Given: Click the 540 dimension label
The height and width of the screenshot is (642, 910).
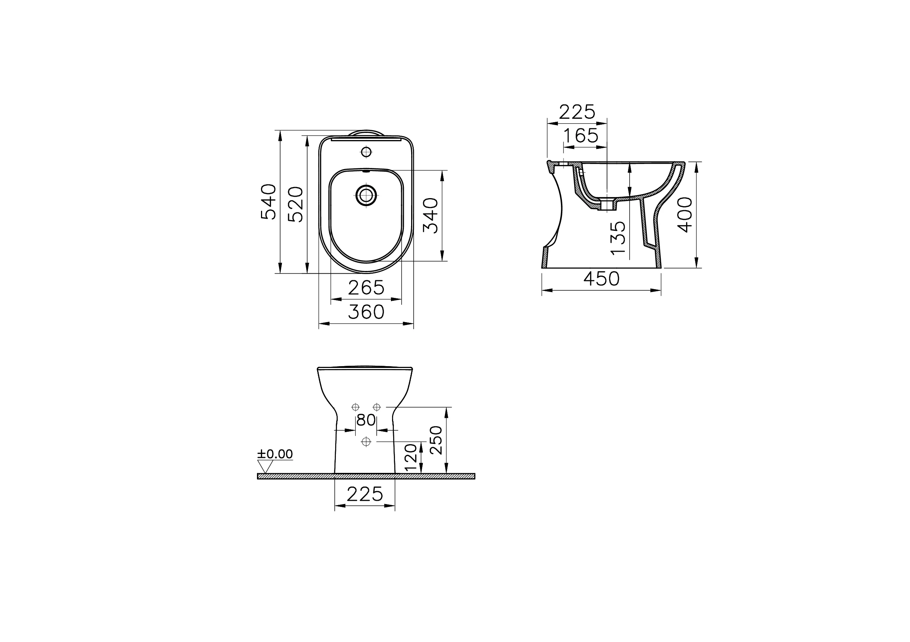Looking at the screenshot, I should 269,202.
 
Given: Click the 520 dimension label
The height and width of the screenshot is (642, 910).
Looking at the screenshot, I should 296,204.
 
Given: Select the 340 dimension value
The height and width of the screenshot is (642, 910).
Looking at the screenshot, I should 431,215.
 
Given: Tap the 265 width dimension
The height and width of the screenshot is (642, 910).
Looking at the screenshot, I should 366,288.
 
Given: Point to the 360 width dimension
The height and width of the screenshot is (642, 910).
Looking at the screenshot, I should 366,312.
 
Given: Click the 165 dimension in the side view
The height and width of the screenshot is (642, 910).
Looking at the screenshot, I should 581,136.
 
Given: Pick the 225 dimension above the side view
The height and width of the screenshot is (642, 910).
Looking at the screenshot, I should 577,112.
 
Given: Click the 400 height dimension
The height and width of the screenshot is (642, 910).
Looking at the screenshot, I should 685,215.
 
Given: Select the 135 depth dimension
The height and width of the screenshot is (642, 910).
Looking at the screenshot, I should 618,238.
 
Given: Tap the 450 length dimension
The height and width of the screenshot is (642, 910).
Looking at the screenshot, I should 601,279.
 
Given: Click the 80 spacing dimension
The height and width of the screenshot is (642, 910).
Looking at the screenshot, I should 366,420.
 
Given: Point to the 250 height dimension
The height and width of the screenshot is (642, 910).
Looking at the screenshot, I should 436,440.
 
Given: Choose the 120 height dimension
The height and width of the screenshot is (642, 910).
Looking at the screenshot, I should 411,457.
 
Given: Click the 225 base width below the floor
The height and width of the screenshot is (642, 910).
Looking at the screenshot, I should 365,494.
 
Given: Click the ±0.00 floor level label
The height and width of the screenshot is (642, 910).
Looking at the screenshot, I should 275,454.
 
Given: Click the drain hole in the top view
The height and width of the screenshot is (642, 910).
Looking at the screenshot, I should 366,195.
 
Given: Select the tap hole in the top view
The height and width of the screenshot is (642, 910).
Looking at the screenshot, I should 366,152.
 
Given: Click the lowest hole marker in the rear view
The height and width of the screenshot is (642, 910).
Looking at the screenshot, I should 366,441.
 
